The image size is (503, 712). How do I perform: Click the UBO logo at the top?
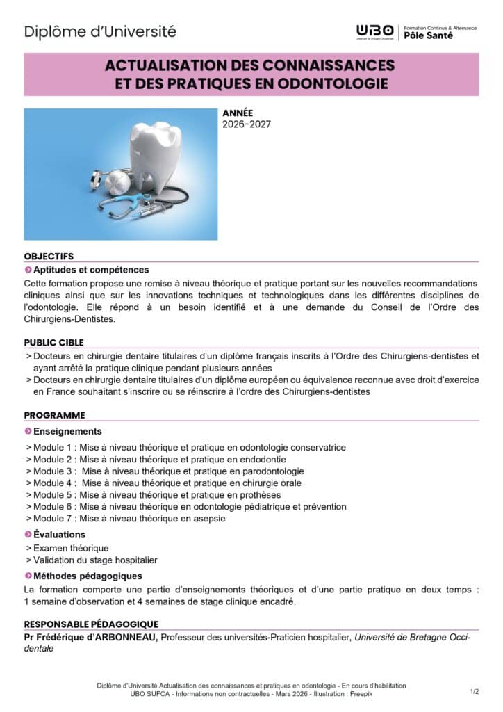(374, 31)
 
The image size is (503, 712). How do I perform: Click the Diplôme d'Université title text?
(100, 31)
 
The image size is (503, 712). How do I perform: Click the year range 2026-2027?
(247, 124)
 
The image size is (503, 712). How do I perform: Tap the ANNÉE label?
(238, 113)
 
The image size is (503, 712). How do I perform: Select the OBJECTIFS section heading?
(49, 256)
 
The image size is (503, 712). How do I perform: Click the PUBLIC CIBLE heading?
(53, 342)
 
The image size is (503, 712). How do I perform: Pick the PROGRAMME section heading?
(54, 415)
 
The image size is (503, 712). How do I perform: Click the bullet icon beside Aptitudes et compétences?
(28, 270)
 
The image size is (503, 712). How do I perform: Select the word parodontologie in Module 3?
(274, 471)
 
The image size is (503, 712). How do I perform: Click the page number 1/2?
(475, 691)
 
